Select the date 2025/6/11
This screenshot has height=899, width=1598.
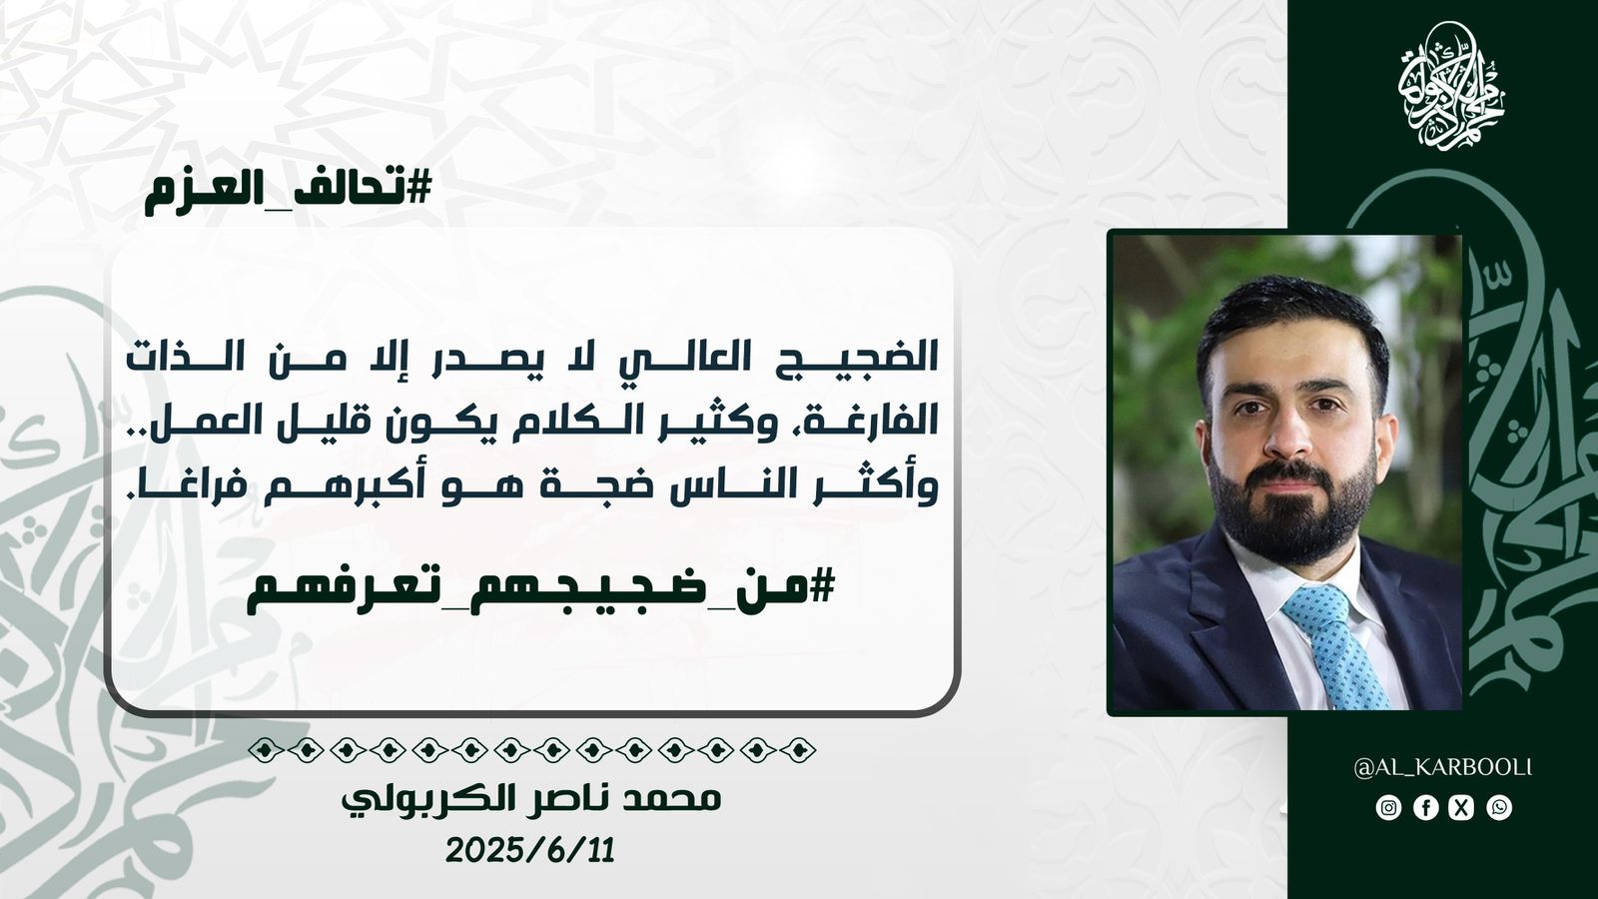click(530, 850)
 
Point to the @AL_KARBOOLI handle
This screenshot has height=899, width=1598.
click(1442, 768)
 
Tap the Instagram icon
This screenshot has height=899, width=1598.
click(1388, 808)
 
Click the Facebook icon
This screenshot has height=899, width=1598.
click(1425, 808)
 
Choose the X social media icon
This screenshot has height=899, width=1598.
click(1462, 808)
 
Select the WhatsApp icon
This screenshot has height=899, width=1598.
click(1499, 808)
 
